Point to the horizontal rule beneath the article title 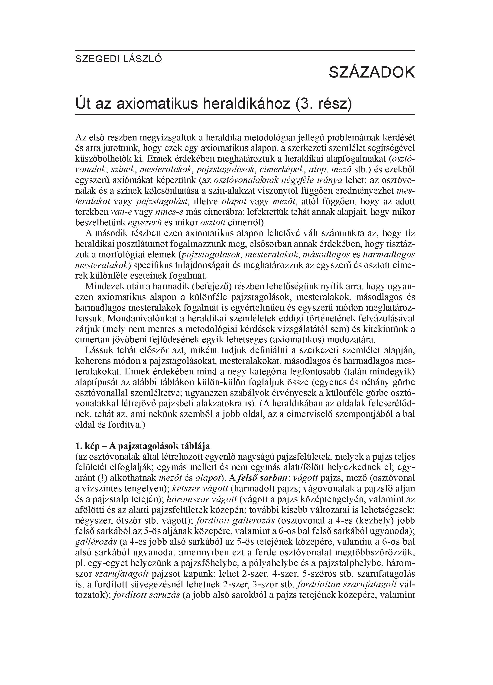pyautogui.click(x=245, y=115)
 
